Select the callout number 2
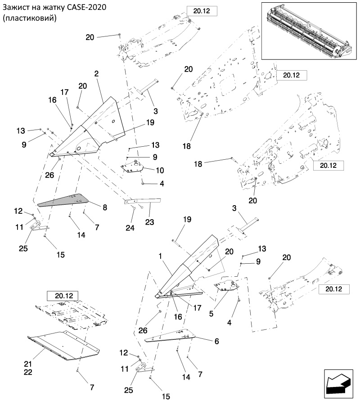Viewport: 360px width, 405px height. tap(97, 73)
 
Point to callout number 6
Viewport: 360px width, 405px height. tap(216, 341)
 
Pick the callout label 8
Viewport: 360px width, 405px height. tap(104, 207)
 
